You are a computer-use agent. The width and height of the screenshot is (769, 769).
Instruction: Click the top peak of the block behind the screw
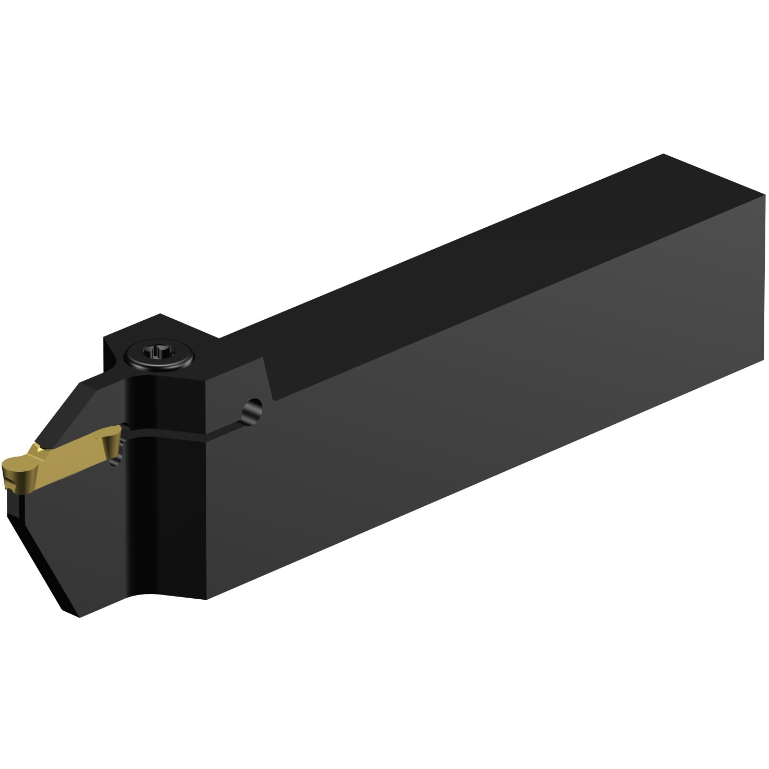160,314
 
